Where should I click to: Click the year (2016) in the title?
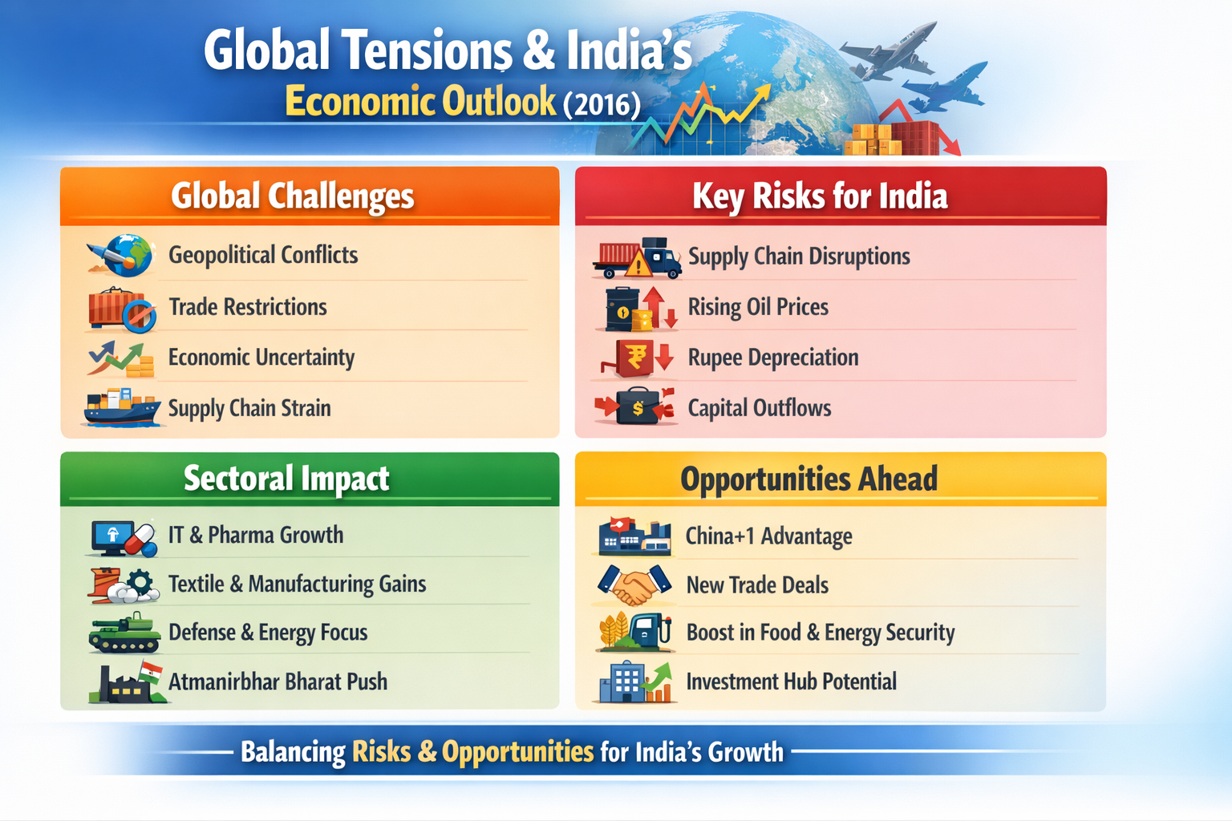pyautogui.click(x=602, y=104)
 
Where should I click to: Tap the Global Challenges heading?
pyautogui.click(x=292, y=196)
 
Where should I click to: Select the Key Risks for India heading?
pyautogui.click(x=820, y=196)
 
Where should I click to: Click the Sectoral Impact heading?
pyautogui.click(x=286, y=479)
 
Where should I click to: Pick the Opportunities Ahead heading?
pyautogui.click(x=809, y=479)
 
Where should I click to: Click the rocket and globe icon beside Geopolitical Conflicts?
pyautogui.click(x=120, y=255)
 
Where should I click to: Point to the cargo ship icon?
pyautogui.click(x=122, y=407)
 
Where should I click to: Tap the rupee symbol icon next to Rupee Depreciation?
pyautogui.click(x=637, y=358)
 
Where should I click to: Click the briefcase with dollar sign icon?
pyautogui.click(x=635, y=406)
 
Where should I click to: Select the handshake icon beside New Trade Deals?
pyautogui.click(x=635, y=584)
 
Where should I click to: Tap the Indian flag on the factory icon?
pyautogui.click(x=151, y=671)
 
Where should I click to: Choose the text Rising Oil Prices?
pyautogui.click(x=758, y=307)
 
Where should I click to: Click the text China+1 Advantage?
pyautogui.click(x=769, y=536)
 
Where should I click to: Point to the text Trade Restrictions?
pyautogui.click(x=248, y=307)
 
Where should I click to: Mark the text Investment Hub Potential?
pyautogui.click(x=792, y=681)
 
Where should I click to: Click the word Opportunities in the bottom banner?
pyautogui.click(x=517, y=752)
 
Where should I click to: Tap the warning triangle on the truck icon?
pyautogui.click(x=638, y=264)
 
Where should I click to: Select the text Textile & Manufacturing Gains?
pyautogui.click(x=297, y=584)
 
